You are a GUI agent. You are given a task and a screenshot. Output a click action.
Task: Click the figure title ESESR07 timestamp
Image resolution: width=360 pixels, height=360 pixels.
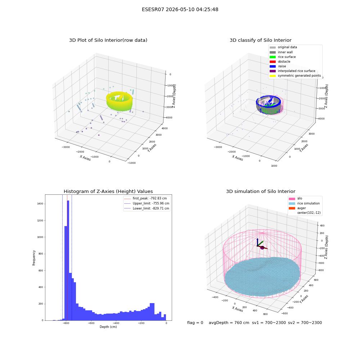(180, 9)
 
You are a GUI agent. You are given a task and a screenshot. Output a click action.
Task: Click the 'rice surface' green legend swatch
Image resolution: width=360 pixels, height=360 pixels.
(273, 57)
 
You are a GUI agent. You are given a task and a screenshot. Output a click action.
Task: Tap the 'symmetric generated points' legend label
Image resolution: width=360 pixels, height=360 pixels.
(299, 76)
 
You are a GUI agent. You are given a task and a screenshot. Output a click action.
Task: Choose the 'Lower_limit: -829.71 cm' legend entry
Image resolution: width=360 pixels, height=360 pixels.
(147, 208)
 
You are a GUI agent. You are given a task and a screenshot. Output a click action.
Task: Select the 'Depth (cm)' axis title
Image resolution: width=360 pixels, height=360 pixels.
(108, 327)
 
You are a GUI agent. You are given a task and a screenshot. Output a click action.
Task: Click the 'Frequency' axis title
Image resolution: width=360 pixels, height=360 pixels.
(34, 258)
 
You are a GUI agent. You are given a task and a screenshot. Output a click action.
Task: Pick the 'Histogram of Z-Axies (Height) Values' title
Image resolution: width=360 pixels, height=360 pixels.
(108, 191)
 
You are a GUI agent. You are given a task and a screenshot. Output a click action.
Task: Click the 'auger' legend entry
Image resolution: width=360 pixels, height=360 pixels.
(297, 208)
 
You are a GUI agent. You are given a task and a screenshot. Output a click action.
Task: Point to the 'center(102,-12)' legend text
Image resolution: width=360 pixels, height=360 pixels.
(309, 213)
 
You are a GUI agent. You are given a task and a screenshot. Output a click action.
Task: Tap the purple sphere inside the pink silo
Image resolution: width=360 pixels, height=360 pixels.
(262, 248)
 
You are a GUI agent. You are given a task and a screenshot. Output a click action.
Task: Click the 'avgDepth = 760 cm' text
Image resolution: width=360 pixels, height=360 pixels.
(229, 323)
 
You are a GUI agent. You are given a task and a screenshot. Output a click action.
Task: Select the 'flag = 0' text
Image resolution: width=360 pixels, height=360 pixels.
(195, 323)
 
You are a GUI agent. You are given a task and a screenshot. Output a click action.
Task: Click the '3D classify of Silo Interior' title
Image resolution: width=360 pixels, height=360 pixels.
(261, 40)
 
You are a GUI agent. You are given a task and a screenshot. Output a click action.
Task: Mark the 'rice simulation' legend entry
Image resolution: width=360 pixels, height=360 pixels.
(304, 203)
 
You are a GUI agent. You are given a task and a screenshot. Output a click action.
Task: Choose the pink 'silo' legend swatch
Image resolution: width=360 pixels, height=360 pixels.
(292, 199)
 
